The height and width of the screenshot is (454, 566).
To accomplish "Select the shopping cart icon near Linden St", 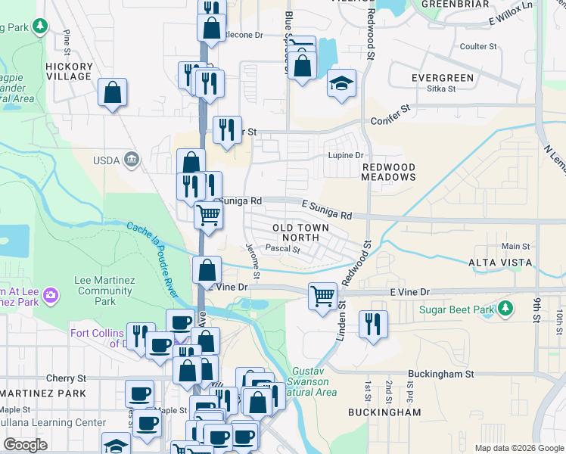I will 323,294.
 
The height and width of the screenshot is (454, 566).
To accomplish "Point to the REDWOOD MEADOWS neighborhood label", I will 389,172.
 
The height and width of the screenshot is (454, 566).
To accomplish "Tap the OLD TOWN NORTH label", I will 300,232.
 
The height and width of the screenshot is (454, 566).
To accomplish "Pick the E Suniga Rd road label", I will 326,210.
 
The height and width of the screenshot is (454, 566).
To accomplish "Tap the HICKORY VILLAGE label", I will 69,71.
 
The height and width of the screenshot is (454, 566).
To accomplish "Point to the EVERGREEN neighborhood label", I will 443,78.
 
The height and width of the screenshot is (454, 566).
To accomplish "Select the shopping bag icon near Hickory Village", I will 112,93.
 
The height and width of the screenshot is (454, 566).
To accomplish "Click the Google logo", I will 25,445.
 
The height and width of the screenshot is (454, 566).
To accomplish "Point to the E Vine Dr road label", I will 409,292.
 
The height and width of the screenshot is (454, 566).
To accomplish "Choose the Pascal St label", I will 284,248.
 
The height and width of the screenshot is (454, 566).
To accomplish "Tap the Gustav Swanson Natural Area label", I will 312,382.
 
